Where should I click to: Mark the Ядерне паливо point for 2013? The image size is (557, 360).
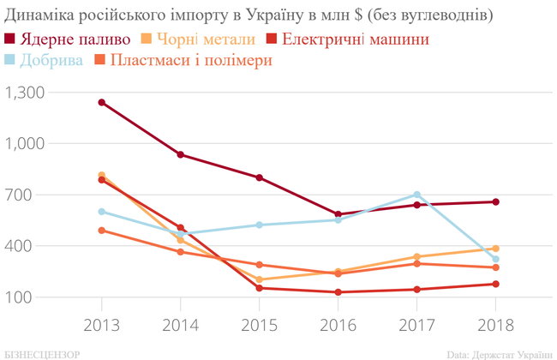(x=101, y=102)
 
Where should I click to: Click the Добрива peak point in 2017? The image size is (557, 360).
(x=416, y=195)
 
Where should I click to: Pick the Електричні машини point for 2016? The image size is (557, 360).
(x=338, y=292)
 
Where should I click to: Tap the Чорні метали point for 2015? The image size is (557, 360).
(x=259, y=279)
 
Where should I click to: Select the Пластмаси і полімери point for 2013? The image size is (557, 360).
(x=101, y=230)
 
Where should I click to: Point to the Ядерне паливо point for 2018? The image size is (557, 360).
(x=494, y=201)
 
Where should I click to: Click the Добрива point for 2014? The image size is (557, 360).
(x=180, y=234)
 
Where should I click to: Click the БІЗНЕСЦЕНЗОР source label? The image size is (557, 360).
(x=43, y=353)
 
